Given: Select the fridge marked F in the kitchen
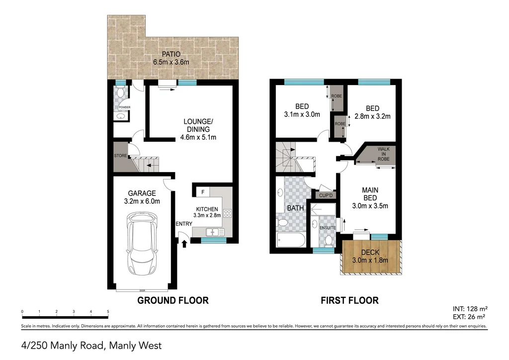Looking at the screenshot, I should [202, 191].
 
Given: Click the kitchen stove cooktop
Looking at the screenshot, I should [228, 214].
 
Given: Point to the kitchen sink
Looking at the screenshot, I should [213, 231].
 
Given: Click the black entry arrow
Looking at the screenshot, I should [185, 243].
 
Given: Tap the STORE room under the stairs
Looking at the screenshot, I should [120, 156].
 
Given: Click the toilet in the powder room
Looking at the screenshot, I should [121, 93].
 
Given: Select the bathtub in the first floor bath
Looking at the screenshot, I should [291, 241].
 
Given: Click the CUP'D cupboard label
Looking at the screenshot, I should [326, 195].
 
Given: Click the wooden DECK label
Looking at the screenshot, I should [370, 252].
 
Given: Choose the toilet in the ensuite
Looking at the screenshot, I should [328, 241].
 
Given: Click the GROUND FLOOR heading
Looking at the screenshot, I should [172, 300].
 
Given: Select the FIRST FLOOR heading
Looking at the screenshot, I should [349, 300].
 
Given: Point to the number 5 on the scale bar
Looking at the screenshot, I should [108, 312].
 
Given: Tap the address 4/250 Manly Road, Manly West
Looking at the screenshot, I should [91, 345].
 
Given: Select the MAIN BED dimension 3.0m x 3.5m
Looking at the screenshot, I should [370, 205].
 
